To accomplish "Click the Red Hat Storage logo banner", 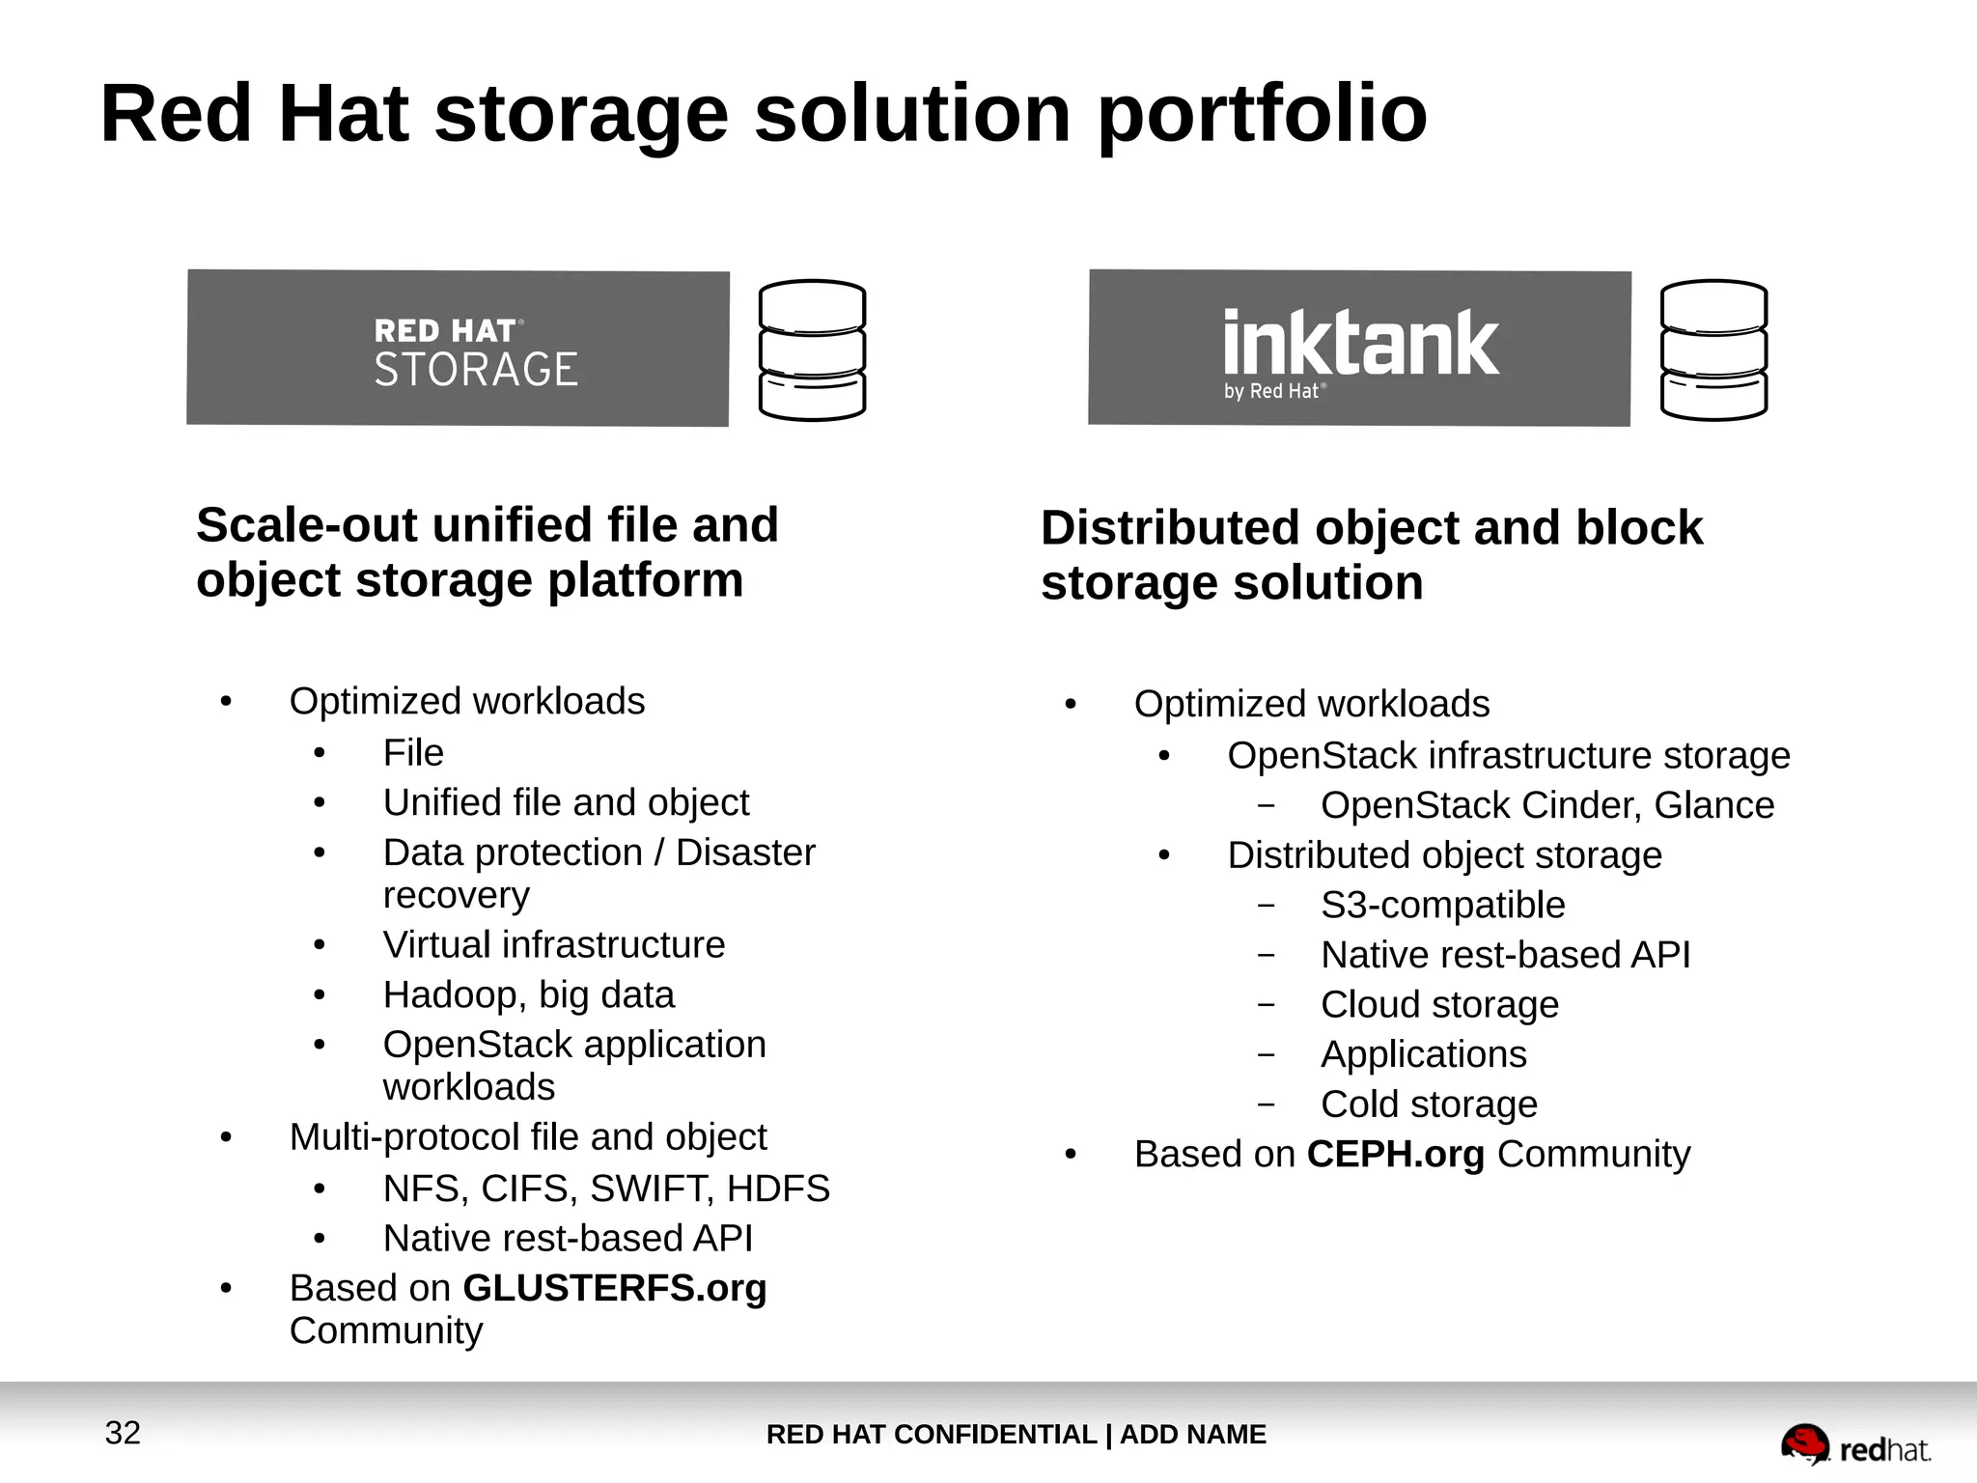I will pyautogui.click(x=458, y=348).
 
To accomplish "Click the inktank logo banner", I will pyautogui.click(x=1359, y=348).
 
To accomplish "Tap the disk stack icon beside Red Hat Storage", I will pyautogui.click(x=812, y=350).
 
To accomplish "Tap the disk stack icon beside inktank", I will pyautogui.click(x=1713, y=350).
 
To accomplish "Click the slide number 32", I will pyautogui.click(x=123, y=1433).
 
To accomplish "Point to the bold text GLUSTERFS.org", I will pyautogui.click(x=615, y=1288).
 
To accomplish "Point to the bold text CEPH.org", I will pyautogui.click(x=1395, y=1155).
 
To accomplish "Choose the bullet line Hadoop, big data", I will pyautogui.click(x=528, y=994).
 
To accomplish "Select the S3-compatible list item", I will pyautogui.click(x=1442, y=905).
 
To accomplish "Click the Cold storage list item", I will pyautogui.click(x=1429, y=1104).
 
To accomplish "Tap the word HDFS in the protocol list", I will pyautogui.click(x=778, y=1189).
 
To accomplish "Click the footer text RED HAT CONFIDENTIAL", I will pyautogui.click(x=931, y=1435).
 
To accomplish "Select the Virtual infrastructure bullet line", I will pyautogui.click(x=553, y=944).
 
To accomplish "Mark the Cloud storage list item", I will pyautogui.click(x=1439, y=1004).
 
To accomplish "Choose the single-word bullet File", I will pyautogui.click(x=413, y=752).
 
